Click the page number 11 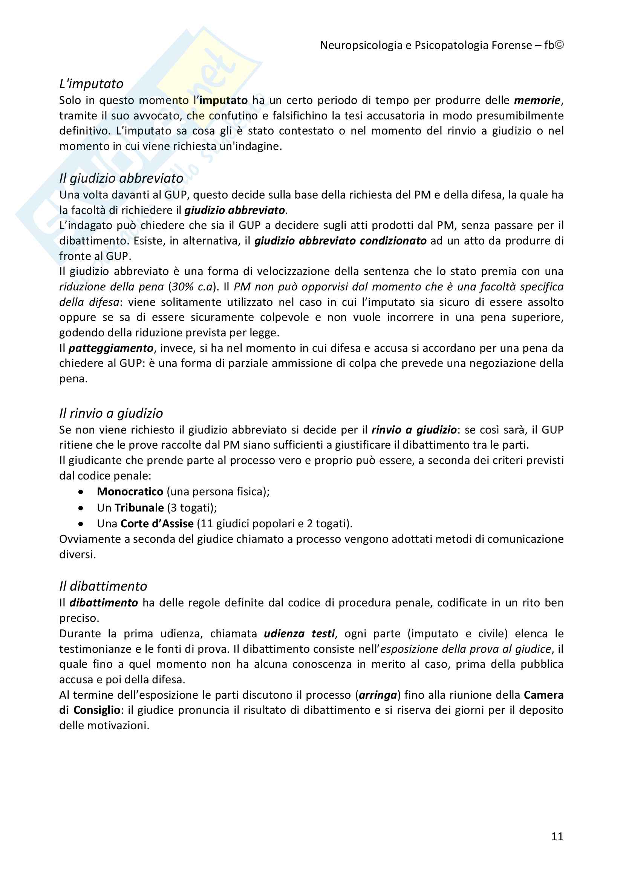pos(557,836)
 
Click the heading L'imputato pos(91,84)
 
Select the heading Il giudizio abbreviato pos(121,178)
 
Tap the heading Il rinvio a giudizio pos(111,413)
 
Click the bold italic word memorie pos(537,100)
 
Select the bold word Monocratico pos(130,492)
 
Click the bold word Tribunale pos(139,508)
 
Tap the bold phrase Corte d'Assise pos(157,524)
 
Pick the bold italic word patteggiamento pos(111,348)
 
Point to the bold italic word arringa pos(378,695)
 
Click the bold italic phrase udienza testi pos(299,634)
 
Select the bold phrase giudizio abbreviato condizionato pos(340,241)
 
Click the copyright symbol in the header pos(559,45)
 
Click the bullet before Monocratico pos(81,492)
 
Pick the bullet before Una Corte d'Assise pos(81,524)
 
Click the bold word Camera pos(543,695)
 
